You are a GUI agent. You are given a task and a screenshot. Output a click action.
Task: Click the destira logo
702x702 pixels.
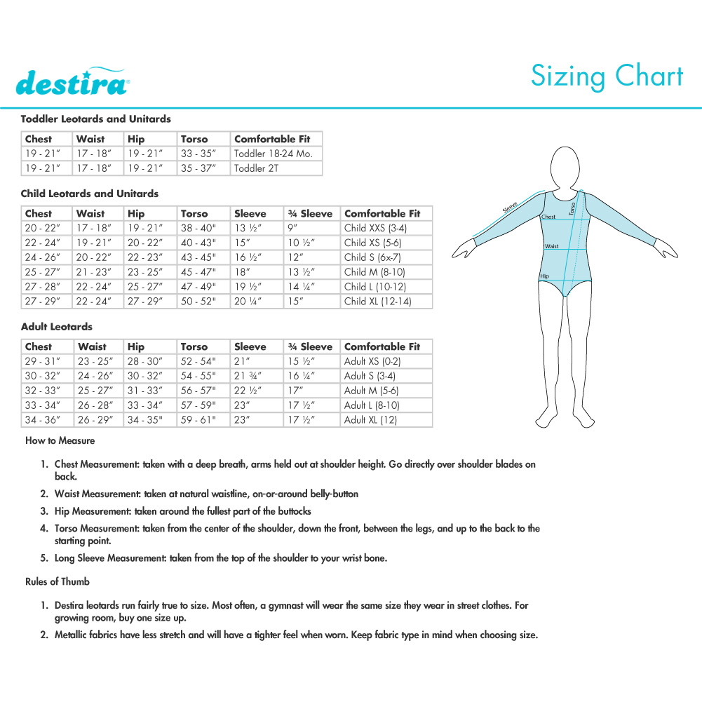71,82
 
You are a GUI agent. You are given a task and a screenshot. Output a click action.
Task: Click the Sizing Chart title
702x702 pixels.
607,76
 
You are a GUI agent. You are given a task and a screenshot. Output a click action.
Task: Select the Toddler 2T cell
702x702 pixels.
257,168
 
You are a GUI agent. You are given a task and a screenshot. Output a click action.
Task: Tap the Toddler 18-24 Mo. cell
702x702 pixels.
274,154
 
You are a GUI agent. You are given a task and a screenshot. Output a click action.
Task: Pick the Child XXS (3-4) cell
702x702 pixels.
375,228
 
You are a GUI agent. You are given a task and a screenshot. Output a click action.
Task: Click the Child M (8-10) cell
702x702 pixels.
374,272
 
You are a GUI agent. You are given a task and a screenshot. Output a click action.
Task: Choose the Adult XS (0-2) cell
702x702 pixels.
372,361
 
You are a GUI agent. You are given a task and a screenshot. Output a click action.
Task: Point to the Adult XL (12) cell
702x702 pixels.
370,419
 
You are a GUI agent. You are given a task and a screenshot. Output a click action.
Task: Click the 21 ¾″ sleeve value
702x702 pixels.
248,376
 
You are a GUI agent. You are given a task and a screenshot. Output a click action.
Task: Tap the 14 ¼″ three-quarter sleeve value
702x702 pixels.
302,287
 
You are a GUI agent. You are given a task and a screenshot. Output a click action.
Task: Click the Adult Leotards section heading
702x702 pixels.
57,327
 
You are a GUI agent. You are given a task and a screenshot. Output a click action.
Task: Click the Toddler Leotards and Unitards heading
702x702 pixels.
96,119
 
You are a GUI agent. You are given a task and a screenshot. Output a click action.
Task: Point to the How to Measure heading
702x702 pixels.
60,441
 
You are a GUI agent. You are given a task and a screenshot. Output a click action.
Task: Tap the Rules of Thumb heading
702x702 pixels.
58,581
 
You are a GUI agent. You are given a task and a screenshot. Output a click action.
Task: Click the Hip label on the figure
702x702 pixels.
544,276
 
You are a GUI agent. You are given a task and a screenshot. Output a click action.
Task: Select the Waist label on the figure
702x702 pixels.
551,246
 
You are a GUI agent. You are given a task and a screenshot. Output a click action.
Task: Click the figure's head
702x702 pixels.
565,166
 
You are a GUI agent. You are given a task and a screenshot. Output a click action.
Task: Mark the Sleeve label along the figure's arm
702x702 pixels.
510,207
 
